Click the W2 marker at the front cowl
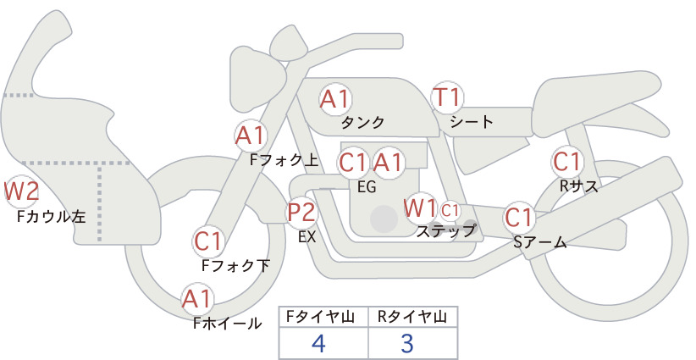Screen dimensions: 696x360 pyautogui.click(x=20, y=191)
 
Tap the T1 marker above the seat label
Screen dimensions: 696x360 pyautogui.click(x=447, y=97)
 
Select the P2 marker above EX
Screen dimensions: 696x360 pyautogui.click(x=301, y=212)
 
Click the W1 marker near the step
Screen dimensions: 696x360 pyautogui.click(x=420, y=208)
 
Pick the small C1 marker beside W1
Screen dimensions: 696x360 pyautogui.click(x=450, y=210)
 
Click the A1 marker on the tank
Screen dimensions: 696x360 pyautogui.click(x=335, y=99)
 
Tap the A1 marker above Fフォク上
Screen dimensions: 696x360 pyautogui.click(x=251, y=136)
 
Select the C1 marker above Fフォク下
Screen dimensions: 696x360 pyautogui.click(x=208, y=241)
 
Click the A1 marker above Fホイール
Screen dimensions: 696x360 pyautogui.click(x=197, y=299)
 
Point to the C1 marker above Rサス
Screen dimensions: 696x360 pyautogui.click(x=567, y=162)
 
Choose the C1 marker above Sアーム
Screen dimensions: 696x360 pyautogui.click(x=519, y=218)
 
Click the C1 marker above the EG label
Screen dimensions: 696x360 pyautogui.click(x=353, y=163)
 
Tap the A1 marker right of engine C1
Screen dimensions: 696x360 pyautogui.click(x=388, y=163)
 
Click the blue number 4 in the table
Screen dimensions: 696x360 pyautogui.click(x=318, y=343)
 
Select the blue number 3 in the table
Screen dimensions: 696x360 pyautogui.click(x=407, y=343)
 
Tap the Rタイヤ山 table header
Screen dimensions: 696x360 pyautogui.click(x=412, y=317)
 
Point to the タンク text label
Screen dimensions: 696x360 pyautogui.click(x=362, y=122)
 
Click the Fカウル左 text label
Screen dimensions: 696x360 pyautogui.click(x=51, y=216)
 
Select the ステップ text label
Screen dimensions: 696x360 pyautogui.click(x=445, y=231)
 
